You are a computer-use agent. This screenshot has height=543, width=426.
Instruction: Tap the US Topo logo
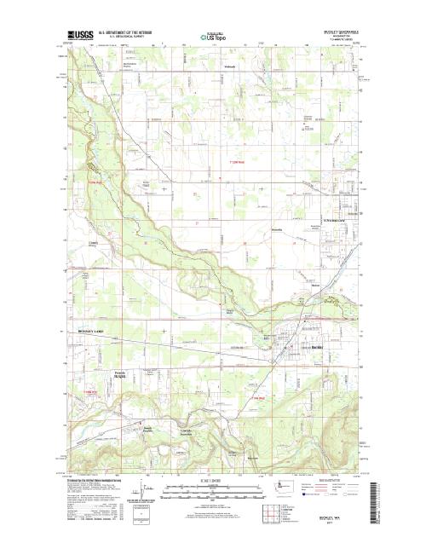(214, 38)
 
